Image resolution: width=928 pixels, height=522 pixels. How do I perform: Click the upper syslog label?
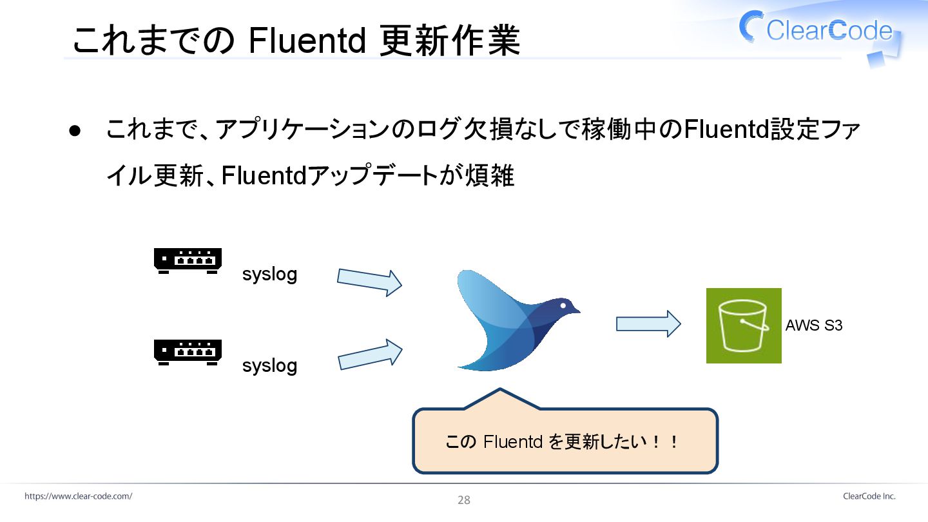tap(269, 275)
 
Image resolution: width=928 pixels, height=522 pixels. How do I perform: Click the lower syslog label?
tap(269, 366)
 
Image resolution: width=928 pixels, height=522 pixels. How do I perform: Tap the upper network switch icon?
tap(188, 261)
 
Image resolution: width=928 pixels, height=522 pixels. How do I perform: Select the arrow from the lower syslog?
tap(369, 355)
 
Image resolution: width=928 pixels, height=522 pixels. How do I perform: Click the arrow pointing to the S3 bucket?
tap(648, 324)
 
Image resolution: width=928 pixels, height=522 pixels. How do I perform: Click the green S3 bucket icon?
tap(744, 325)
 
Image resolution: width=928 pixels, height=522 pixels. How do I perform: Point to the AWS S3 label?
tap(814, 326)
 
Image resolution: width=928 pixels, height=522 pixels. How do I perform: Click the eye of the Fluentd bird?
tap(563, 305)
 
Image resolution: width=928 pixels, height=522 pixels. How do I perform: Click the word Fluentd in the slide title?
tap(307, 41)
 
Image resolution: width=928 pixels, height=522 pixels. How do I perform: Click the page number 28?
tap(464, 500)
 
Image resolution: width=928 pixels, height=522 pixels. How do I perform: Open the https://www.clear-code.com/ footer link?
tap(79, 496)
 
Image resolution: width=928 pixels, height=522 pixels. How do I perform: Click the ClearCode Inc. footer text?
tap(869, 496)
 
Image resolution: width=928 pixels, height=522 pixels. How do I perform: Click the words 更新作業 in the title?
tap(450, 41)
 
